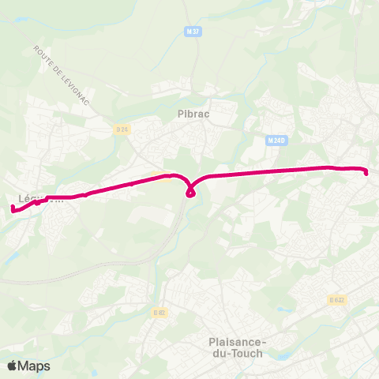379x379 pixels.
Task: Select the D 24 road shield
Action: [121, 129]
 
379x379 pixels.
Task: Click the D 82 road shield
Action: [160, 313]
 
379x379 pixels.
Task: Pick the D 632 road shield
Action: [336, 299]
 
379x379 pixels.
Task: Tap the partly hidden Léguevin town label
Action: [39, 199]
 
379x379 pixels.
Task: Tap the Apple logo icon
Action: [13, 366]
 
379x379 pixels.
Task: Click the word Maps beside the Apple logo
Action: [34, 366]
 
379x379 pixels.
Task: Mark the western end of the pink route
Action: [13, 208]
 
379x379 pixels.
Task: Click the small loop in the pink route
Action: [191, 192]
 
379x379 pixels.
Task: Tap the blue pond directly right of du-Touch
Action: [282, 355]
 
